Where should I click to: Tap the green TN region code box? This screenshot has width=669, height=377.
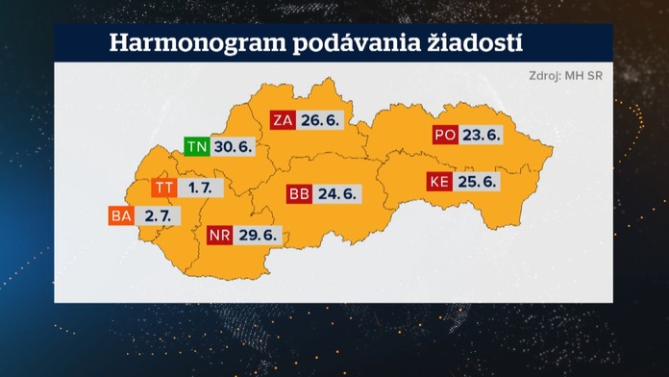197,147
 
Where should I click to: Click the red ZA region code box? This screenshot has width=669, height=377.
283,120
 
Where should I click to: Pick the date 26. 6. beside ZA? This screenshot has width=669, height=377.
322,120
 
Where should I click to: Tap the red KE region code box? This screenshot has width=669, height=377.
439,182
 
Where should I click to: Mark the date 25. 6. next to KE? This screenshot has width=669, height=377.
478,182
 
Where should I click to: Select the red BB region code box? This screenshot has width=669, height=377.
300,194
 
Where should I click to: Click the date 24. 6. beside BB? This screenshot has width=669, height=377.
337,194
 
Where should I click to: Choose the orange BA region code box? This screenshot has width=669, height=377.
121,217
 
